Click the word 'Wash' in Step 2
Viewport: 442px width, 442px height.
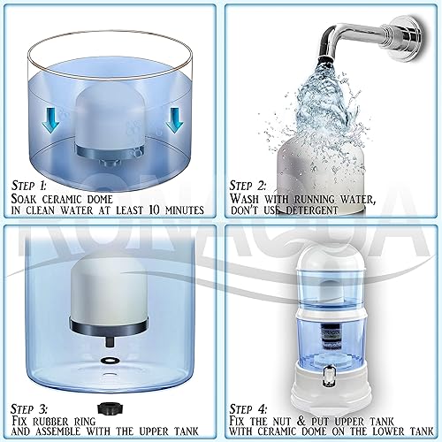coord(251,198)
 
